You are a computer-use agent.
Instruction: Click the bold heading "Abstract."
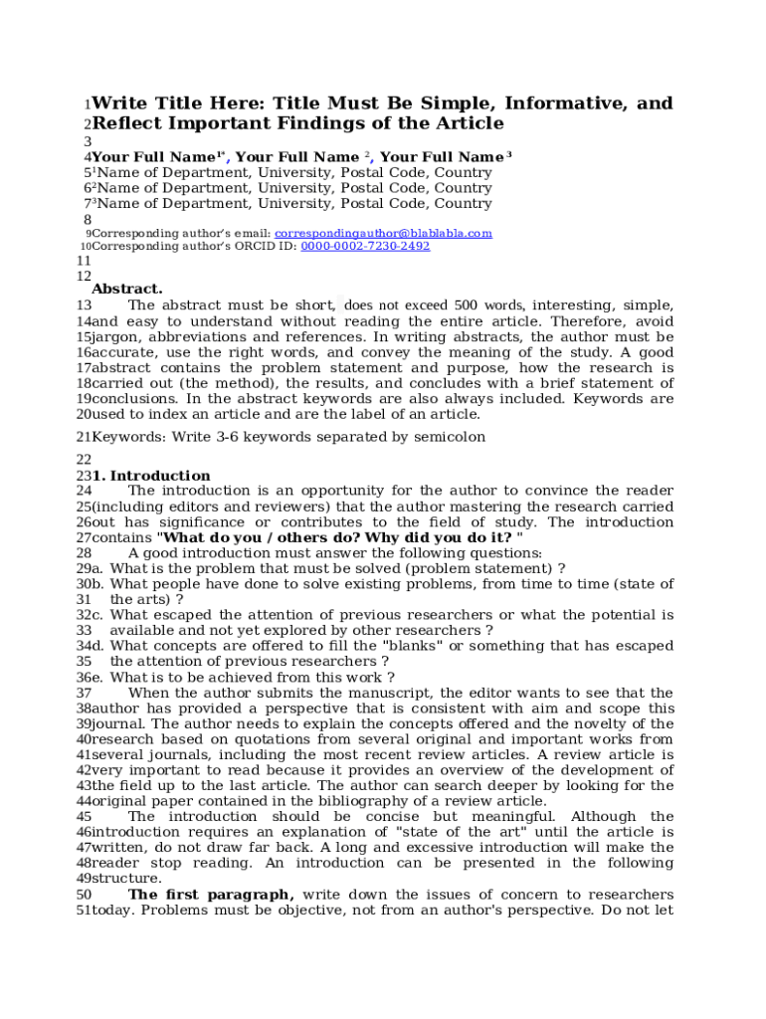127,289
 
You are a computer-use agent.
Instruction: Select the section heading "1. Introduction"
151,476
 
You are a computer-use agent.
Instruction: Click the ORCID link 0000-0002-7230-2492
365,246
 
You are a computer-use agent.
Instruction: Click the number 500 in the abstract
467,306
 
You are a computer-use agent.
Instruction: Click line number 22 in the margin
84,460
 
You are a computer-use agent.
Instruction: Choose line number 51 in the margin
84,911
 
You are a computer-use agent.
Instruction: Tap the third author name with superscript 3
444,157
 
